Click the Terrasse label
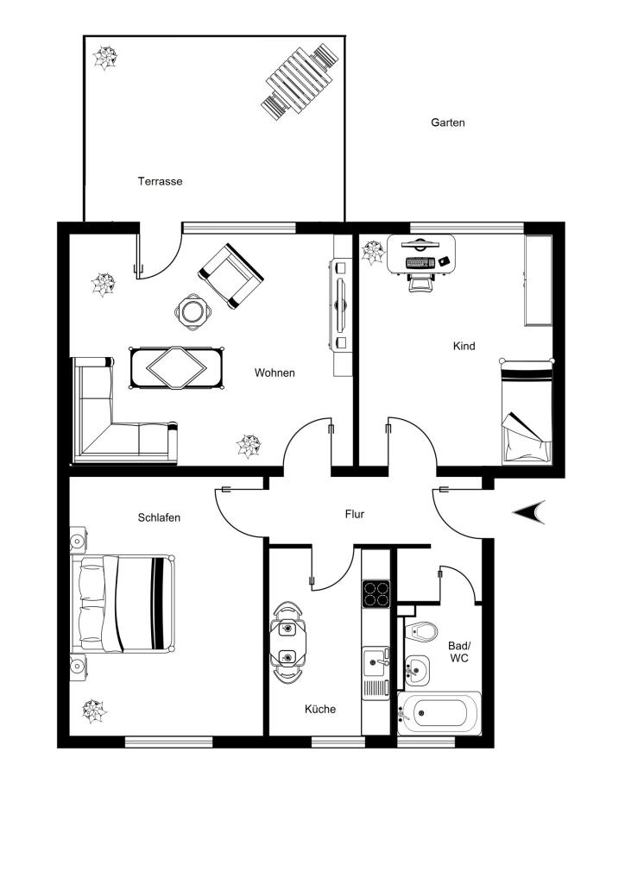[x=160, y=181]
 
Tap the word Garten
[x=448, y=122]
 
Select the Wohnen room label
[x=275, y=373]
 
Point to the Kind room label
[x=464, y=346]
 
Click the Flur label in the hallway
[x=355, y=514]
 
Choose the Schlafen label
[x=159, y=517]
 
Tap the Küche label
[x=320, y=709]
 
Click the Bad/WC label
[x=458, y=652]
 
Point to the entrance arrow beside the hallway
[x=529, y=512]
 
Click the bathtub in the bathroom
[x=439, y=713]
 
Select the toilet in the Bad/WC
[x=421, y=630]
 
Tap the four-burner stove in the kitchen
[x=376, y=593]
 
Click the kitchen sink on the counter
[x=376, y=662]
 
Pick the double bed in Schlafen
[x=123, y=604]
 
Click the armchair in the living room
[x=230, y=276]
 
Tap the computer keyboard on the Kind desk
[x=420, y=262]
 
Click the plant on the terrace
[x=104, y=58]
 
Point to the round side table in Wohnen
[x=193, y=310]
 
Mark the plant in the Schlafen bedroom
[x=94, y=711]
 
